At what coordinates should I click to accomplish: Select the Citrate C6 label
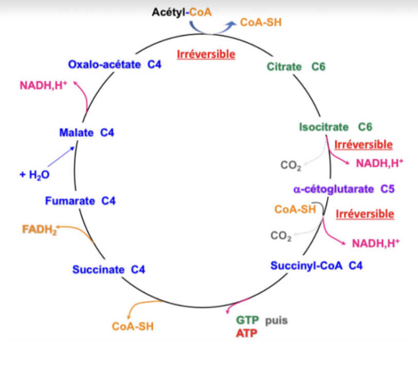[296, 66]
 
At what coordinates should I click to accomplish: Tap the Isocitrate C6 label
[335, 127]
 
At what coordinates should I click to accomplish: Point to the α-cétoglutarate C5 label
[343, 189]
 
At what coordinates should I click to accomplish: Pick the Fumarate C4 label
[80, 201]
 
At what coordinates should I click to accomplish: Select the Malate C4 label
[86, 133]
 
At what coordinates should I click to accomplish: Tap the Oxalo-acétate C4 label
[115, 65]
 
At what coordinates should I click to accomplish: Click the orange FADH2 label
[39, 229]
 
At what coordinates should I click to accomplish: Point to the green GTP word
[248, 321]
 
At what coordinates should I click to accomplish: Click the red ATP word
[247, 333]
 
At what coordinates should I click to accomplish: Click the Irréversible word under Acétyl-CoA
[206, 54]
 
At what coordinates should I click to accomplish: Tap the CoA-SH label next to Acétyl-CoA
[261, 23]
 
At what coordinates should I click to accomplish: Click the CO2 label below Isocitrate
[291, 166]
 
